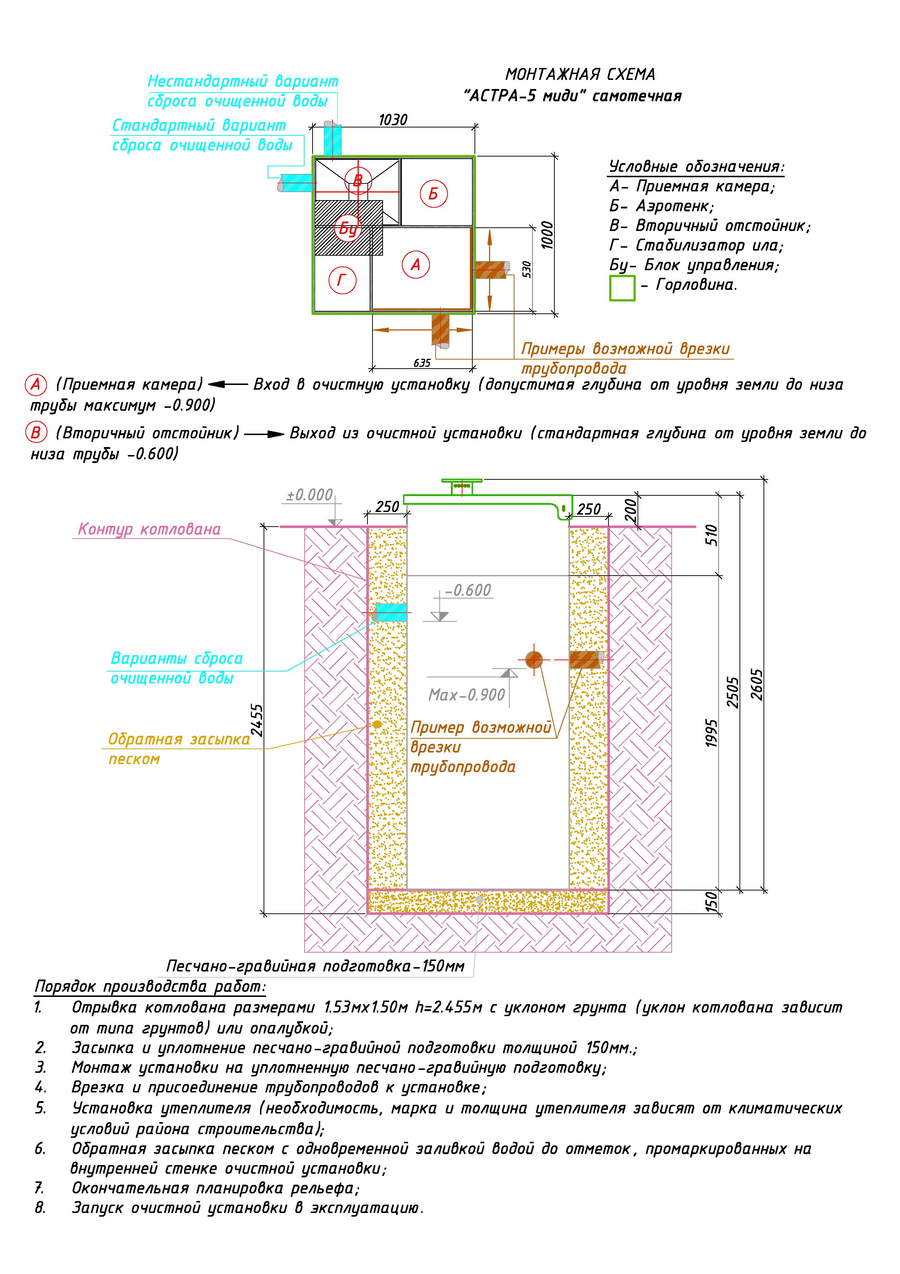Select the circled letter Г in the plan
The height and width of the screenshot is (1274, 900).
(x=342, y=280)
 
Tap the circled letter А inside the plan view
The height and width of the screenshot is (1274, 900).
(x=415, y=265)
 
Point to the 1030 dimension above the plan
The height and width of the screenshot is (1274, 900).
(x=393, y=120)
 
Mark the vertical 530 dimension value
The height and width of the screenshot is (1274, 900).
(x=527, y=270)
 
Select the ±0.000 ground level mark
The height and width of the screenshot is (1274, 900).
(x=310, y=495)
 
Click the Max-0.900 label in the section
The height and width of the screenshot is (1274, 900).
(x=467, y=695)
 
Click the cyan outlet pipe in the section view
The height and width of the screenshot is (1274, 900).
(x=391, y=613)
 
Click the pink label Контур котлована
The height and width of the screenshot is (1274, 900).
(x=149, y=530)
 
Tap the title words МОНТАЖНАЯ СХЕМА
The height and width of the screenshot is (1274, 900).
(x=580, y=74)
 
